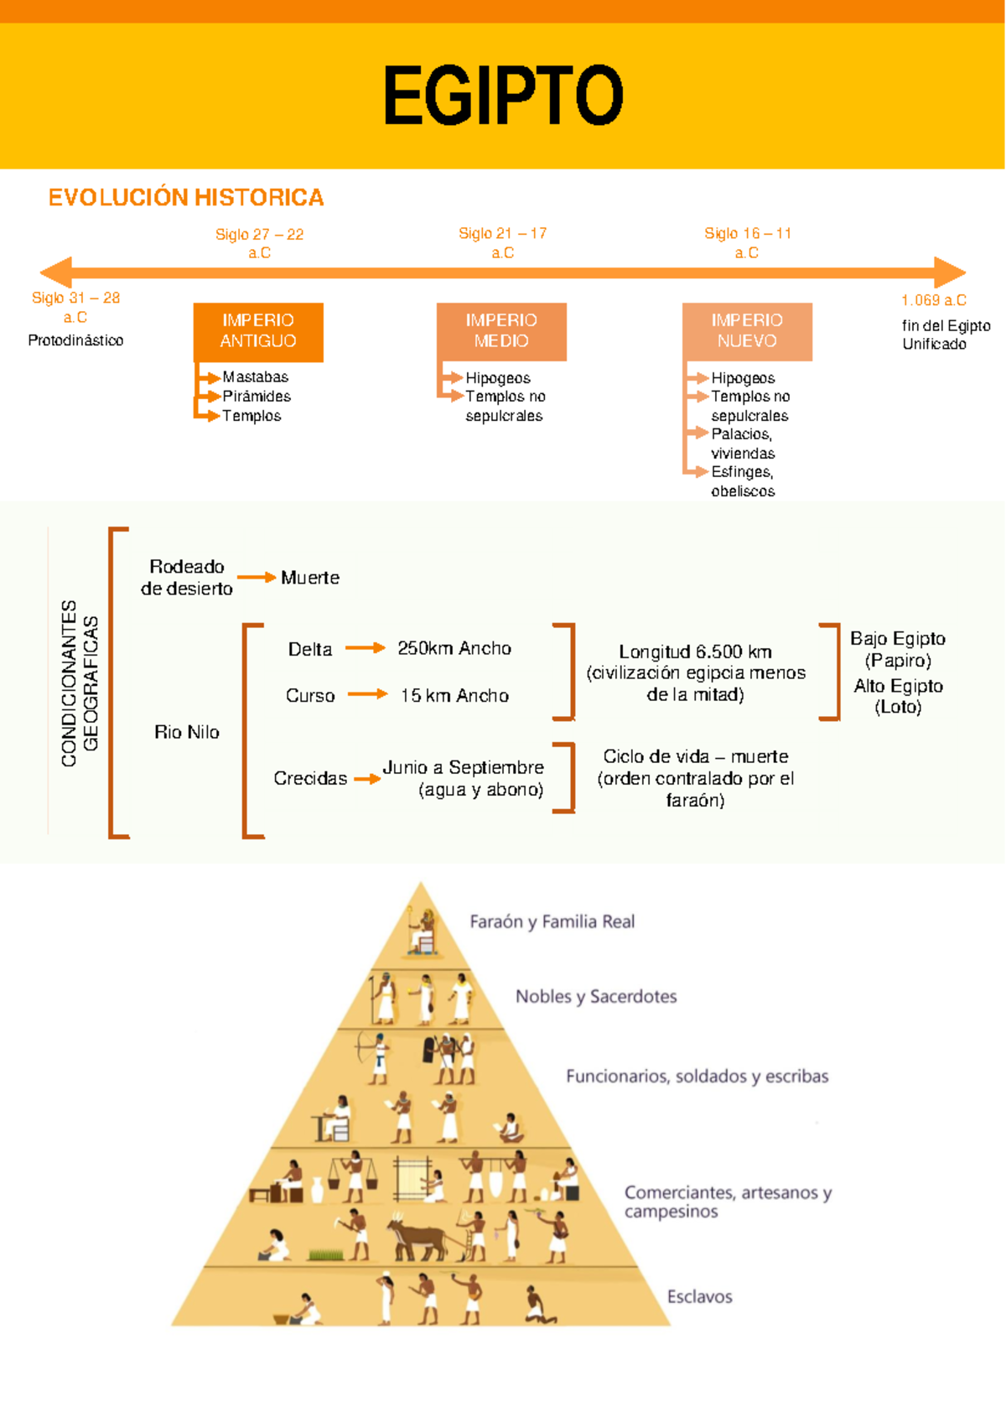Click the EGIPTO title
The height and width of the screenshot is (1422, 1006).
click(503, 96)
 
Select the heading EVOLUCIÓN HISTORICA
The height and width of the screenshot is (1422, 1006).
click(186, 197)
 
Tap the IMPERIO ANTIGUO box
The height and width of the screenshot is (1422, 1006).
click(258, 332)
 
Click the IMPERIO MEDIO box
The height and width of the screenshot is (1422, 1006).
click(501, 331)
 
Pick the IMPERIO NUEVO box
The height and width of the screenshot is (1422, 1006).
click(747, 331)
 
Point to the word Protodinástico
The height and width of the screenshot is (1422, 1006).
click(75, 340)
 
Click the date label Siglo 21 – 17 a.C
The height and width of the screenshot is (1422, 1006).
click(503, 242)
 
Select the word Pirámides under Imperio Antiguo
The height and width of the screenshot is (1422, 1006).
click(257, 396)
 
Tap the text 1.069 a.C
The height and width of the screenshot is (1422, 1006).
click(934, 299)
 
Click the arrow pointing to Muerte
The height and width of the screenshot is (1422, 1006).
click(257, 577)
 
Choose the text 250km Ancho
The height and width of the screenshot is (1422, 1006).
click(454, 648)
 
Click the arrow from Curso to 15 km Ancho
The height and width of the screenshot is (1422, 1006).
click(367, 694)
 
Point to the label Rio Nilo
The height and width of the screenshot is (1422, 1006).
click(187, 732)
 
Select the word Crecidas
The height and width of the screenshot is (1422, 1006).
click(310, 778)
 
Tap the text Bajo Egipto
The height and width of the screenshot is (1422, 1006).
click(898, 639)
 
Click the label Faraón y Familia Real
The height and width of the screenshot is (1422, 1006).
click(552, 921)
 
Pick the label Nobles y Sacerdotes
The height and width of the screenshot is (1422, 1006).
click(596, 996)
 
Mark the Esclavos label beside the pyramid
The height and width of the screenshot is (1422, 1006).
click(699, 1296)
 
